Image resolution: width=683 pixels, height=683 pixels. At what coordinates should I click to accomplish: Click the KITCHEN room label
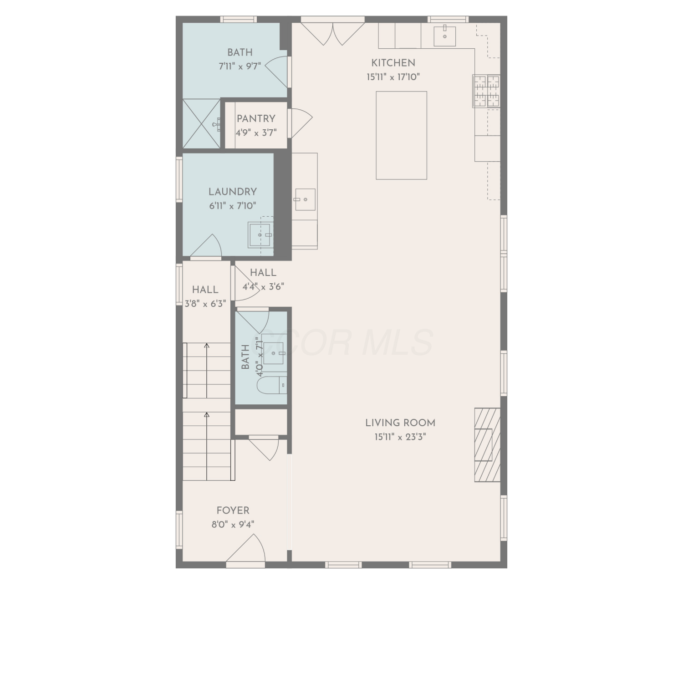click(393, 63)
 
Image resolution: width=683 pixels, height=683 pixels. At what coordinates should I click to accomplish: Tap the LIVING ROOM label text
click(400, 423)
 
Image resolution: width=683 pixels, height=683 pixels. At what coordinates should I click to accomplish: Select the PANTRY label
click(256, 118)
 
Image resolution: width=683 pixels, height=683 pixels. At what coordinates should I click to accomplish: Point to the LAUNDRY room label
click(233, 192)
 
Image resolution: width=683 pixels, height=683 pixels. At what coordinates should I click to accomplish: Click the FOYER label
click(233, 510)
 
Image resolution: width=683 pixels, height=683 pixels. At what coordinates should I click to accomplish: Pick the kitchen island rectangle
click(402, 135)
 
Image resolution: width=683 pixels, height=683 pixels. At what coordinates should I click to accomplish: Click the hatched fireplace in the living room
click(488, 444)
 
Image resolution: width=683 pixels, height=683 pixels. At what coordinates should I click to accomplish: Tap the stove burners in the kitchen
click(487, 91)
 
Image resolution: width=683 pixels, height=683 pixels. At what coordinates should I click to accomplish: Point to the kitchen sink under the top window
click(445, 36)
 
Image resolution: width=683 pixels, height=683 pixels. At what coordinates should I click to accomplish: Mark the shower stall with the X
click(202, 123)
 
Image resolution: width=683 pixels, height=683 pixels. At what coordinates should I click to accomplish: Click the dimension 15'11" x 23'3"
click(400, 437)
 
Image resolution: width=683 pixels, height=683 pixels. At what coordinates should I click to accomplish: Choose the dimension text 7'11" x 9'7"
click(240, 66)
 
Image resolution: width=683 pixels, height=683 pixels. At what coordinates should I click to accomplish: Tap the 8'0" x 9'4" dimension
click(233, 525)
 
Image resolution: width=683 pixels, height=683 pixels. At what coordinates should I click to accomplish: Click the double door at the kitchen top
click(333, 33)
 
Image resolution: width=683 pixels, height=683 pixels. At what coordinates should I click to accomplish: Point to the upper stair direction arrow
click(207, 371)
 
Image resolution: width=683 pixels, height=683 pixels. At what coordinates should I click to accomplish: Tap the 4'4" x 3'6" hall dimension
click(263, 287)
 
